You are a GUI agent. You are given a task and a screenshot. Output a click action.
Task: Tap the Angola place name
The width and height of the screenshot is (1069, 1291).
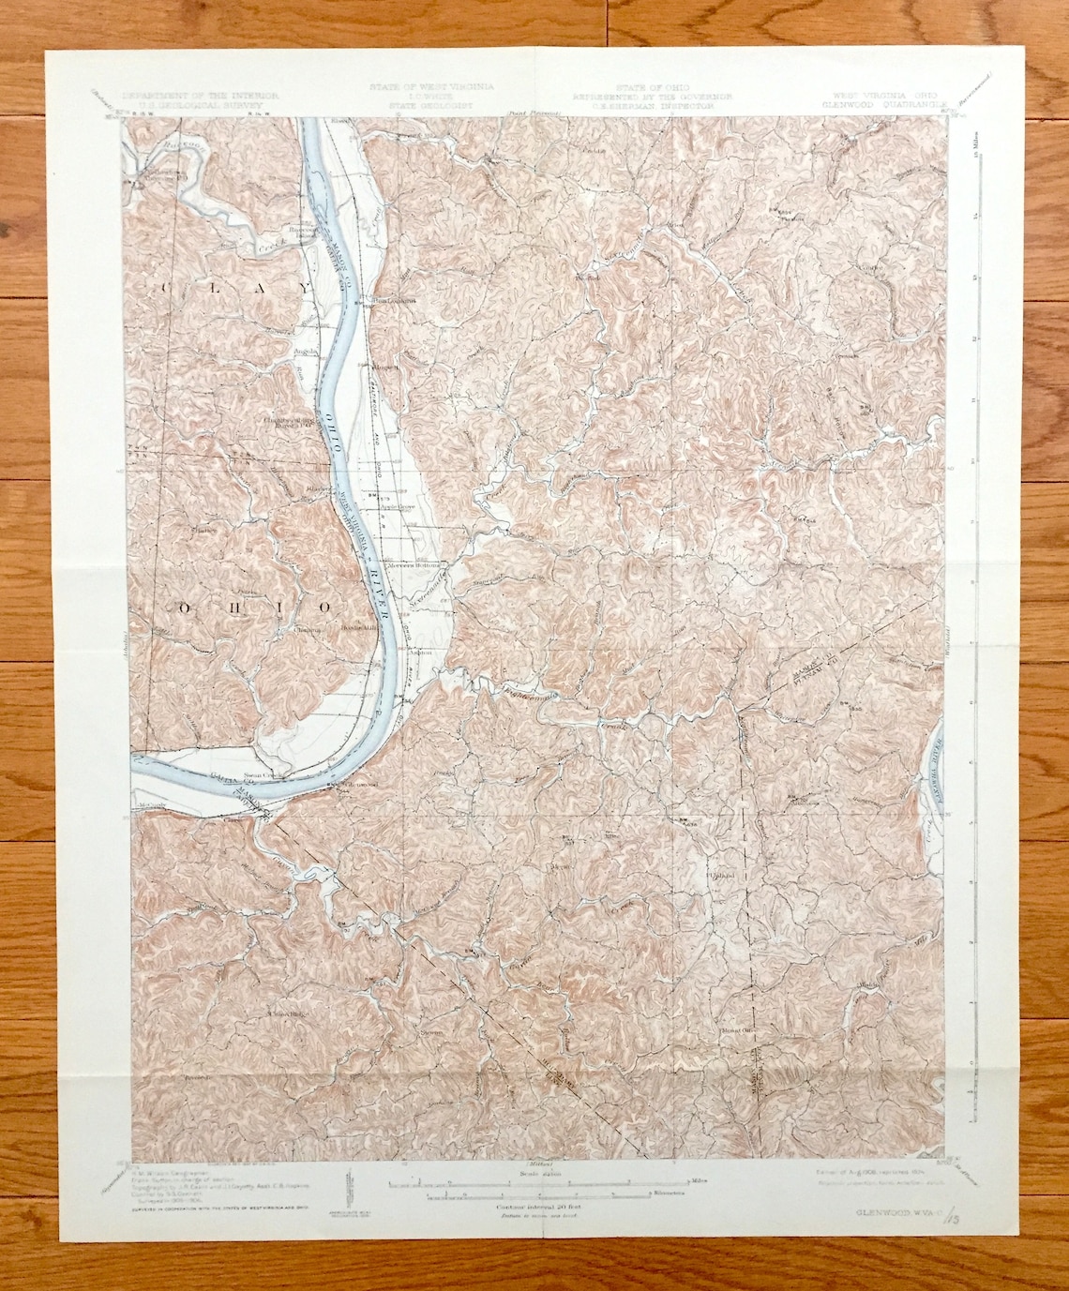308,352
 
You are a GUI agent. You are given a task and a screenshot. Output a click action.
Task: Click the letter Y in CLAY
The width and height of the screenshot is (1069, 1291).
279,286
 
